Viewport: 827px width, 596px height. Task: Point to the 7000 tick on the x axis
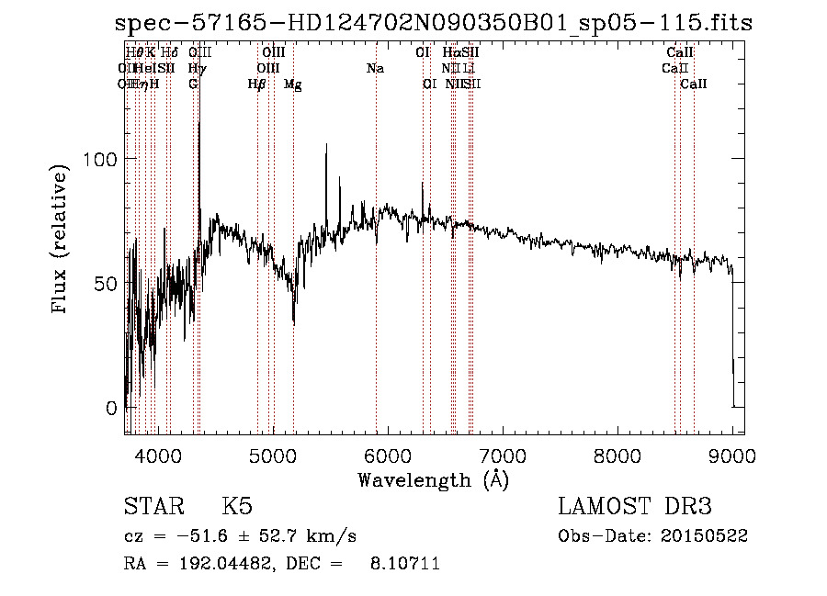(503, 455)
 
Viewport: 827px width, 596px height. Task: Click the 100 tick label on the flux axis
(98, 159)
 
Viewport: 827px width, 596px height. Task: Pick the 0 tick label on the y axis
(110, 408)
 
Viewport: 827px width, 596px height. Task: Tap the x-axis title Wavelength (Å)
(433, 479)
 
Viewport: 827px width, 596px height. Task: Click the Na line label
(375, 68)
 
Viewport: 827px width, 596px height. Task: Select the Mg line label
(293, 84)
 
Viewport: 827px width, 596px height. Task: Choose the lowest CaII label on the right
(694, 84)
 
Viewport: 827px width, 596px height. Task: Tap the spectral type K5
(237, 507)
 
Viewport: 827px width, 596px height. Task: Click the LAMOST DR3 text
(635, 507)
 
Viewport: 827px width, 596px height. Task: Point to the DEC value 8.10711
(408, 564)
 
